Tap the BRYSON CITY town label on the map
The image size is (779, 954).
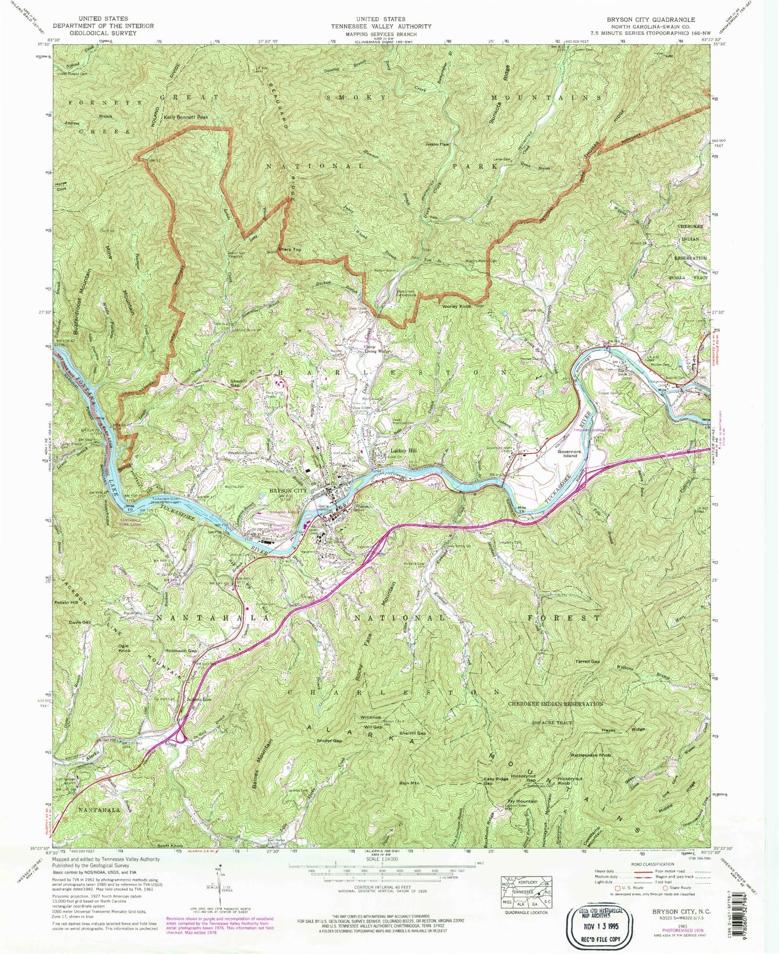(x=288, y=491)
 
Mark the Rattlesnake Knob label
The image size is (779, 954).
(x=591, y=756)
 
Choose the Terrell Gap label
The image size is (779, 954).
(x=587, y=661)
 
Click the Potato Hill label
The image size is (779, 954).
(x=66, y=602)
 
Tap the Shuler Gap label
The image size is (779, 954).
(x=329, y=741)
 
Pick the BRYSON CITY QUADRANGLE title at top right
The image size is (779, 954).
(x=651, y=20)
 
